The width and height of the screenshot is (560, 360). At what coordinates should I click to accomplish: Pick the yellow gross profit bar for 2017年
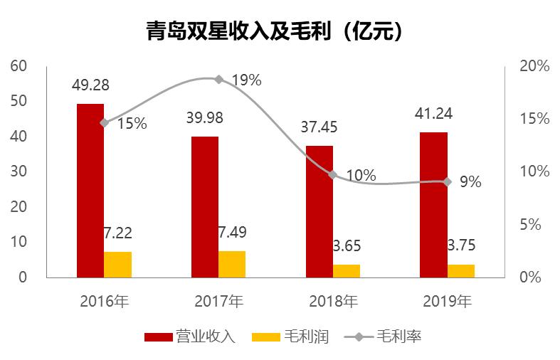coord(232,264)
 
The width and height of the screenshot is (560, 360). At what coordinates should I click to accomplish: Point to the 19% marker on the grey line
coord(218,80)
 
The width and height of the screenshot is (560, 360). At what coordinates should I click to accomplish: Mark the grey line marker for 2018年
coord(332,174)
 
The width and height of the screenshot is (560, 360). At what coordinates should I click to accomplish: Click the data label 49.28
coord(90,85)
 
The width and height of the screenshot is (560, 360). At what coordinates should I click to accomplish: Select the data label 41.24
coord(433,113)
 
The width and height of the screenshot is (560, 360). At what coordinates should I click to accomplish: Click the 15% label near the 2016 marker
coord(132,124)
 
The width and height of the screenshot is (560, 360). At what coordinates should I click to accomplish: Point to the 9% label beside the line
coord(470,182)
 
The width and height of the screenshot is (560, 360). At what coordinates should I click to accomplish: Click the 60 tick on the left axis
coord(19,66)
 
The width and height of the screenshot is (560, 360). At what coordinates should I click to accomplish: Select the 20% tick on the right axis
coord(534,66)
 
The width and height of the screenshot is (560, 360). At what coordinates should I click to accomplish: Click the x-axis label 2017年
coord(218,301)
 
